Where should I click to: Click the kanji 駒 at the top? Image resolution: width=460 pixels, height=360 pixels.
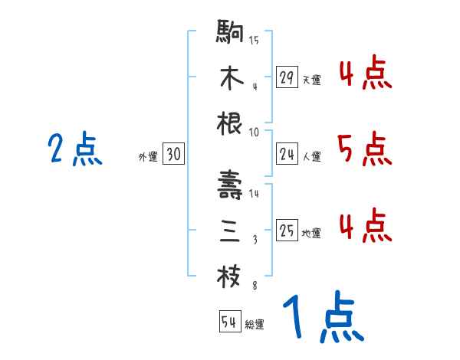coord(230,34)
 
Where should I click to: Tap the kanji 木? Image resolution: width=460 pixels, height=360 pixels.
coord(230,78)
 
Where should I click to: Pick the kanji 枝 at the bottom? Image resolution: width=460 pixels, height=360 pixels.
coord(230,276)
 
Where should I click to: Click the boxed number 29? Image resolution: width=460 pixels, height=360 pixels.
coord(287,77)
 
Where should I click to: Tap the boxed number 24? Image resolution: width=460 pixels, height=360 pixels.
coord(287,155)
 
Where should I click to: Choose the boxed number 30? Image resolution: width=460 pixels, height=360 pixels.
coord(173,155)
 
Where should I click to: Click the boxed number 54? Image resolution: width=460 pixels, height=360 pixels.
coord(229,322)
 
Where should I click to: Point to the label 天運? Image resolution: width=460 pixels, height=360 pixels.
coord(311,80)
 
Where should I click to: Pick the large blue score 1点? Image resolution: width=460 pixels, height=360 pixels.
coord(322,317)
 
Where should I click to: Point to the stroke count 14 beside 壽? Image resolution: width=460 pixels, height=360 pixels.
coord(255,194)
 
